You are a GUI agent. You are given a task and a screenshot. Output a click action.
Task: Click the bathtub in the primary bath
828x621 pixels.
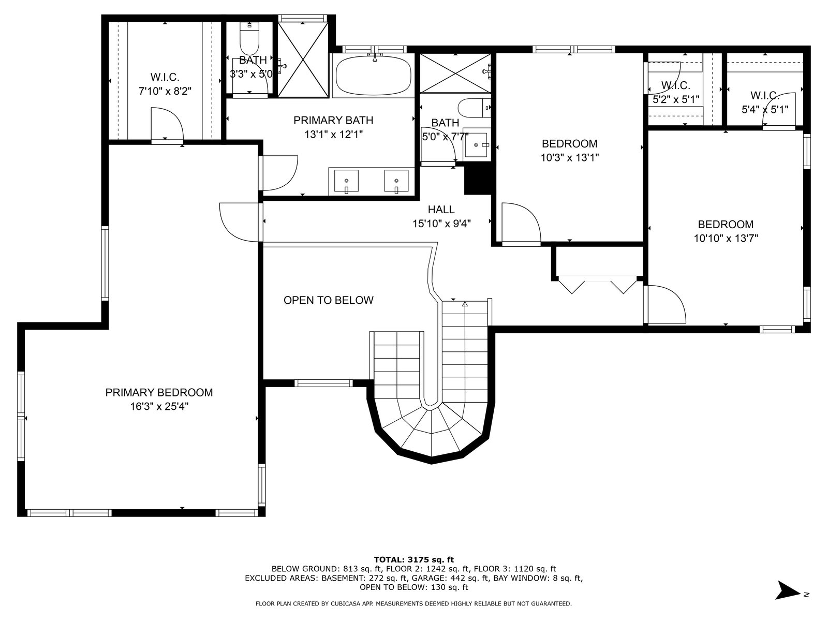point(373,76)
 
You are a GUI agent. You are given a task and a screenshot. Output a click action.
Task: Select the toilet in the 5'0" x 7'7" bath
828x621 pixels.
point(475,108)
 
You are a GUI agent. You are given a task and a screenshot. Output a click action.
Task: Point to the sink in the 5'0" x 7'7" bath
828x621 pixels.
point(476,145)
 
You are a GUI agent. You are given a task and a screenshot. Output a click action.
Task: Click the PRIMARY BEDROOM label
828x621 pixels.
point(159,392)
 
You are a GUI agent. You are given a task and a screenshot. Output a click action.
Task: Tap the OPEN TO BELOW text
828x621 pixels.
point(328,300)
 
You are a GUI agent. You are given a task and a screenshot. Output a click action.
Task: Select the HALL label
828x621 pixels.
point(441,209)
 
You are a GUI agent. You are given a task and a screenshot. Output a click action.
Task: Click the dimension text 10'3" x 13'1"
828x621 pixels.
point(570,158)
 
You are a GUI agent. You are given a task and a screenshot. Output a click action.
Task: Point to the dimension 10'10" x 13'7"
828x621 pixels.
point(726,238)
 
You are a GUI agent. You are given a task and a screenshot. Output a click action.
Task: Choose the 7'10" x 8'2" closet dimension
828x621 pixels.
point(165,91)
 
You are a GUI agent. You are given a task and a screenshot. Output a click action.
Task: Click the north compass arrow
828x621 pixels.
point(788,601)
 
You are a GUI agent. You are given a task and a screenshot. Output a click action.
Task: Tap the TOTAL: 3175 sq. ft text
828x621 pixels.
point(414,559)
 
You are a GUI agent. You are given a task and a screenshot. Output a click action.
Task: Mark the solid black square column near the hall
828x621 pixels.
point(478,181)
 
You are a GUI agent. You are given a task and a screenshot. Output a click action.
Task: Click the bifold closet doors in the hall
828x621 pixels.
point(598,285)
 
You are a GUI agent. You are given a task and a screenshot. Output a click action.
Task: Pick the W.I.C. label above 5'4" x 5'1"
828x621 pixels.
point(765,95)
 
